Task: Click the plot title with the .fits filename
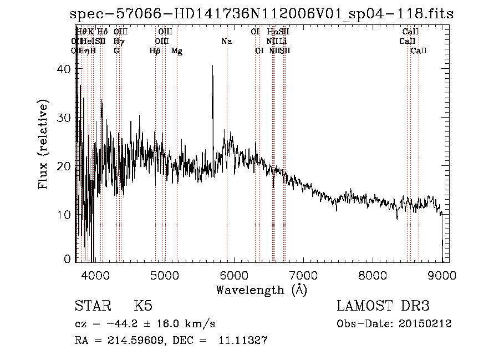click(262, 14)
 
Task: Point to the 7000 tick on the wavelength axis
click(303, 273)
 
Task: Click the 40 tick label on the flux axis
click(66, 69)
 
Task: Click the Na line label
click(227, 41)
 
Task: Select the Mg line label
click(177, 50)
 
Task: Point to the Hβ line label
click(155, 50)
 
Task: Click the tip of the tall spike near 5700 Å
click(212, 65)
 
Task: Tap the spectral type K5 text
click(143, 306)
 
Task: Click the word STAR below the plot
click(93, 306)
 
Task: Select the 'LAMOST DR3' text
click(383, 306)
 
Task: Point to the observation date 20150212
click(424, 323)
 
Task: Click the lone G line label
click(116, 50)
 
